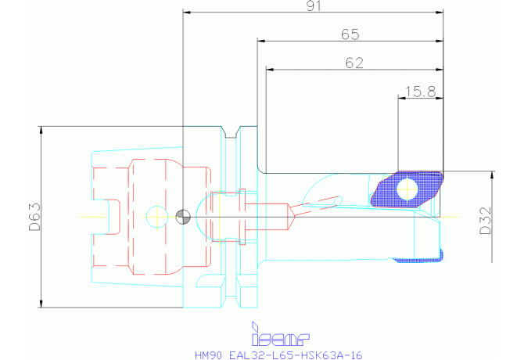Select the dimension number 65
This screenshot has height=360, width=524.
point(350,34)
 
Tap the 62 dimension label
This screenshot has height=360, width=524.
point(354,63)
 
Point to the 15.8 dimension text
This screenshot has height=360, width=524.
point(420,92)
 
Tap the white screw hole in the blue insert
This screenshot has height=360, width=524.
point(407,189)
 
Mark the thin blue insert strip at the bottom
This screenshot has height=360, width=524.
point(420,257)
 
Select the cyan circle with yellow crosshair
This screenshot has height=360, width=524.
point(156,214)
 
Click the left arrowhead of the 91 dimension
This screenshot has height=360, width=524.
point(187,13)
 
